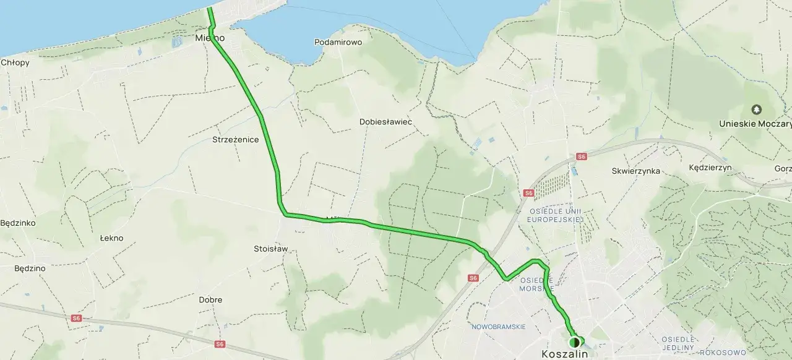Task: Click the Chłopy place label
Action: click(15, 62)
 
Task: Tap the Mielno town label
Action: click(209, 38)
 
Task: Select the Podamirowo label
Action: click(338, 42)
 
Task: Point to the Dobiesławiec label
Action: click(385, 122)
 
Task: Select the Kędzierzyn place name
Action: click(710, 168)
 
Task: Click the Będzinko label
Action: click(18, 223)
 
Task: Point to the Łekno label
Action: click(111, 238)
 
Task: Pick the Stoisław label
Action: click(271, 249)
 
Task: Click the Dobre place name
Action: click(210, 300)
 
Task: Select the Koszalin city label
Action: click(564, 354)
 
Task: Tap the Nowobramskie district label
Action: click(498, 327)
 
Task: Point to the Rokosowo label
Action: click(721, 353)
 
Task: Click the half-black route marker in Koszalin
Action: click(574, 341)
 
